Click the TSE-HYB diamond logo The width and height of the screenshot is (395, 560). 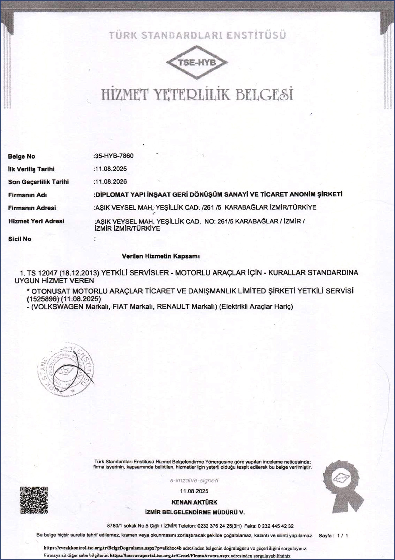[197, 63]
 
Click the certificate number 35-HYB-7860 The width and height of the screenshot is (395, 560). [114, 156]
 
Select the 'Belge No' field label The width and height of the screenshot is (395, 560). [22, 156]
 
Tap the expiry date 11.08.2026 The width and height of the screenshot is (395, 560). [111, 182]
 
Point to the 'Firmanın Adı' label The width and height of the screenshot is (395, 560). [27, 195]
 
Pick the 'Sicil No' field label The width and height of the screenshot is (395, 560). [20, 239]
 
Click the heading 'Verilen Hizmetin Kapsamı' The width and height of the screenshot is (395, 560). [161, 256]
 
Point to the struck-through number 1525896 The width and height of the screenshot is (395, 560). [43, 298]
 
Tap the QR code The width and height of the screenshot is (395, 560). [34, 500]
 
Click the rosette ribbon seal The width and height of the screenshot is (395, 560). [344, 487]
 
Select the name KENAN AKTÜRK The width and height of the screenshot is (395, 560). [194, 502]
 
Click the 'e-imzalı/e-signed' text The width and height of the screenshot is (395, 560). [194, 480]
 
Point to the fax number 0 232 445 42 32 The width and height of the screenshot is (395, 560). [276, 526]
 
